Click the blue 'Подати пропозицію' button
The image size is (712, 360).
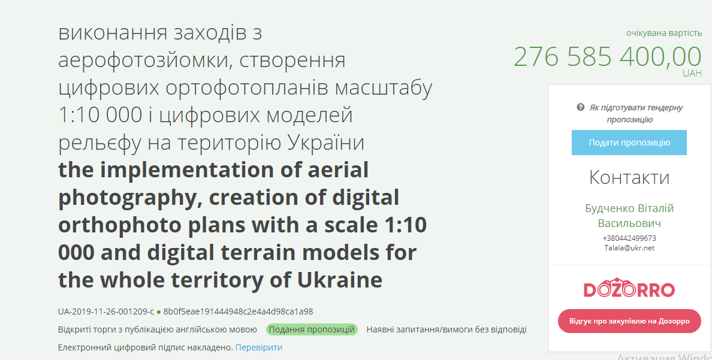point(629,143)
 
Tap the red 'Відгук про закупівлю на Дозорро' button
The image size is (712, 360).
point(629,321)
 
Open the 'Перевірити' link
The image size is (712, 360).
point(259,347)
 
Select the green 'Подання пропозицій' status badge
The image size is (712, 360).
point(312,329)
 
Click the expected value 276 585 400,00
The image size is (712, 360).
point(608,57)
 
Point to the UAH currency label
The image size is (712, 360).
point(692,74)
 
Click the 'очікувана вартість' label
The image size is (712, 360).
point(664,33)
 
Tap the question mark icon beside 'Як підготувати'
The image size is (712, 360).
point(580,108)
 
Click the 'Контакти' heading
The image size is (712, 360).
point(629,177)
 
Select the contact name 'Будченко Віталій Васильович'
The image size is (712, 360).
point(629,216)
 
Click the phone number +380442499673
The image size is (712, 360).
point(629,238)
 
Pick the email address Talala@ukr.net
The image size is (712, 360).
point(629,248)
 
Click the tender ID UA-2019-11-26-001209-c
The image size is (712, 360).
point(106,312)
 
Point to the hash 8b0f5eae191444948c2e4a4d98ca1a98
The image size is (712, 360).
point(238,312)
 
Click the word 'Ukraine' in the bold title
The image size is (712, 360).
point(340,280)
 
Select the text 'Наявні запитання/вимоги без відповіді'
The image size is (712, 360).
point(446,329)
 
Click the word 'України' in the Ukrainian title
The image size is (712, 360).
point(326,142)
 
